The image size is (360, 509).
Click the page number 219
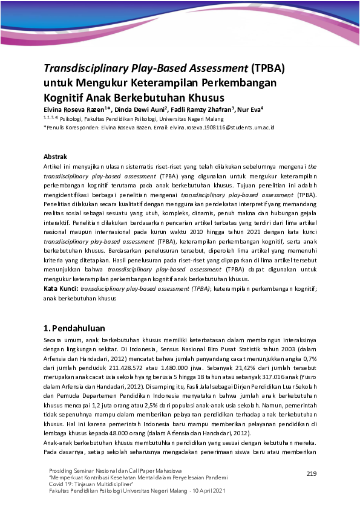point(312,473)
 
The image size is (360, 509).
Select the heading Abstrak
point(56,157)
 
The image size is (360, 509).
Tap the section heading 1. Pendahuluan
point(74,328)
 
